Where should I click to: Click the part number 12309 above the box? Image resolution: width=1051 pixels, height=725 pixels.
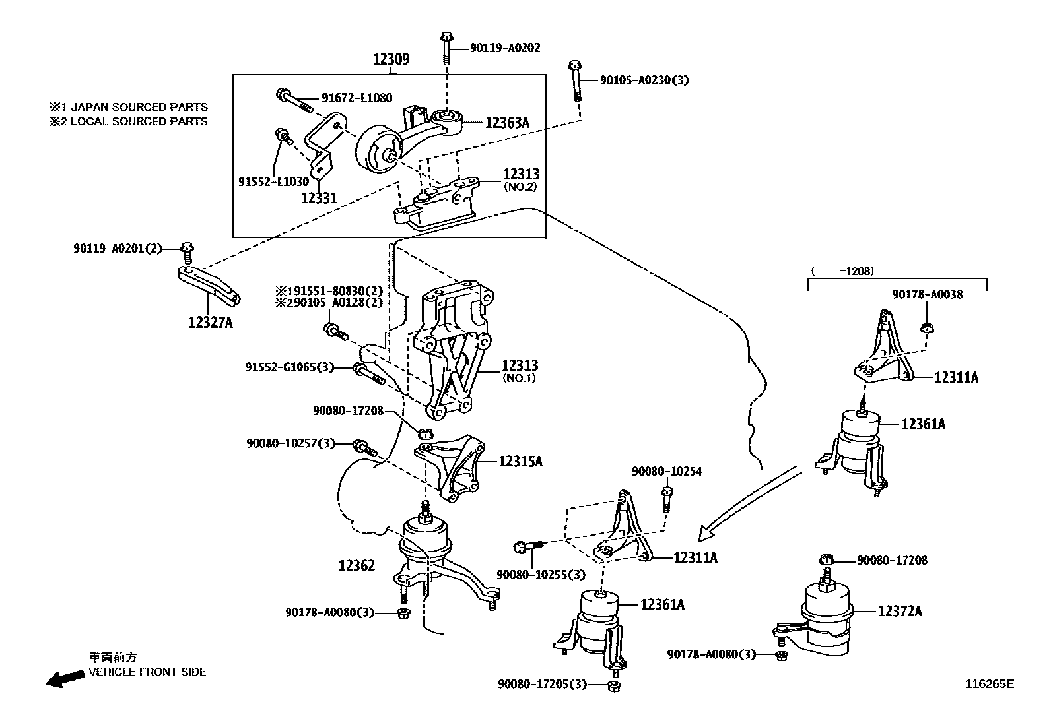point(391,59)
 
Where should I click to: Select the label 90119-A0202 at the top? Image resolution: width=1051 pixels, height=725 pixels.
point(505,47)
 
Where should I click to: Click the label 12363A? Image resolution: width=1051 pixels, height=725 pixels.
point(507,123)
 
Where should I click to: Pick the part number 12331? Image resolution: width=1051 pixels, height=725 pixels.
point(318,197)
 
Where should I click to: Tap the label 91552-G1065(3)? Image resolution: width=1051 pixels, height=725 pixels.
point(290,367)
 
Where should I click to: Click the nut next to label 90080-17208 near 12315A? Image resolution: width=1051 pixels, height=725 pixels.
point(426,433)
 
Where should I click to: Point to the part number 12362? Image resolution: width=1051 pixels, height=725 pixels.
point(356,565)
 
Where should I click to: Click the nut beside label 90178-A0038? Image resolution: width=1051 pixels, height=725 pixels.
point(928,327)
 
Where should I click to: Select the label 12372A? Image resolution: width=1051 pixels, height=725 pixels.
point(899,612)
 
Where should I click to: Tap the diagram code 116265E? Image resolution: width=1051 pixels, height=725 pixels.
point(988,684)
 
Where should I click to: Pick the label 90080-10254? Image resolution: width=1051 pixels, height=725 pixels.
point(666,472)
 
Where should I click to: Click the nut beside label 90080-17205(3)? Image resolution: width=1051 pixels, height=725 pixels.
point(612,686)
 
